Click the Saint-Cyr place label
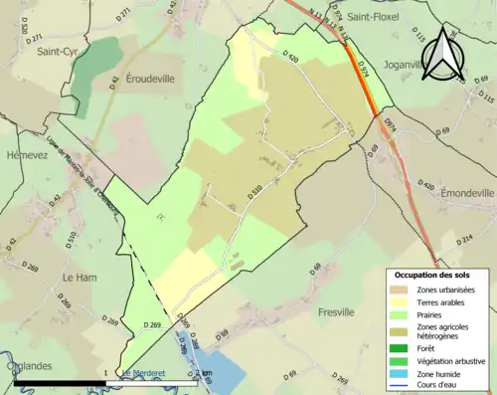click(57, 51)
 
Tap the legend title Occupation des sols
click(432, 274)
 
